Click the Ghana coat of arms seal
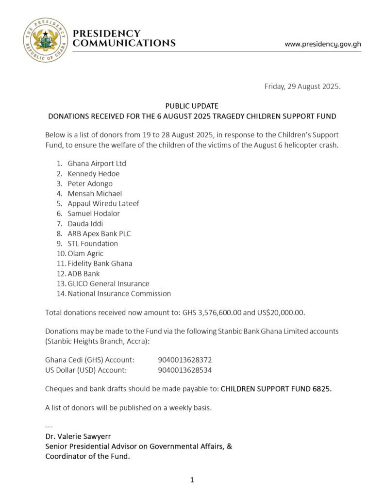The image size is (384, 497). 46,40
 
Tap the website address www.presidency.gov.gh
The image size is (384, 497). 323,44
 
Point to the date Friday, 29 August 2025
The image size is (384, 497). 302,87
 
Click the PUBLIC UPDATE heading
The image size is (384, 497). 192,106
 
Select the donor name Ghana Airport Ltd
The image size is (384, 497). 97,164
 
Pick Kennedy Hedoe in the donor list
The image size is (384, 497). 94,174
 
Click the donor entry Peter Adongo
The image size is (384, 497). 90,183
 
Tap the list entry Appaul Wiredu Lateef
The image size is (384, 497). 103,203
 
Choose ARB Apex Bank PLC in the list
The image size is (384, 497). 100,233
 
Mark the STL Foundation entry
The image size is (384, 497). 93,244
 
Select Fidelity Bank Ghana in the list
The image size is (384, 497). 100,264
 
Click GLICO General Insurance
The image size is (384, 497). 109,283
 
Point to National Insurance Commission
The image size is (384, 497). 119,294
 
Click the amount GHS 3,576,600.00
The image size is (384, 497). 225,313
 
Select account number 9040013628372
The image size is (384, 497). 185,360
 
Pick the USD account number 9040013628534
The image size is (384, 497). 185,370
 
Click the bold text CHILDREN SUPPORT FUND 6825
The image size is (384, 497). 276,389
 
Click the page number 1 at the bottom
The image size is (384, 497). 192,480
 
